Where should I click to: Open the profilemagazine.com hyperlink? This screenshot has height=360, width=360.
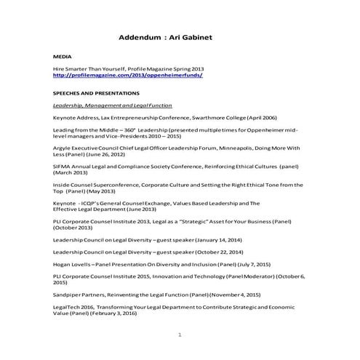127,76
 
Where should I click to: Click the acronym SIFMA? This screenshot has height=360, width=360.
63,166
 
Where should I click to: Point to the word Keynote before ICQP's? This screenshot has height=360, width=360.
65,204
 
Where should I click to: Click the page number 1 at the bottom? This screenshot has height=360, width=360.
179,335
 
